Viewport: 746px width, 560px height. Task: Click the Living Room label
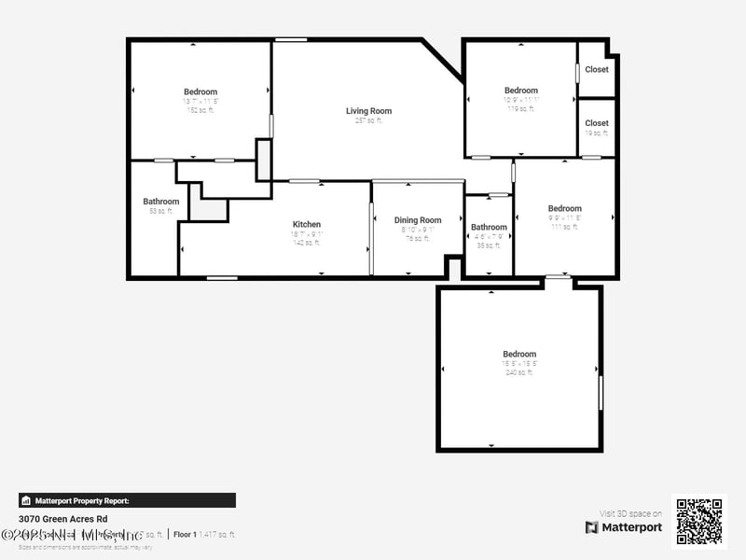(368, 111)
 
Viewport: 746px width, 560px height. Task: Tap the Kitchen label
(307, 224)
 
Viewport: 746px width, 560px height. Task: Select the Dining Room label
(418, 220)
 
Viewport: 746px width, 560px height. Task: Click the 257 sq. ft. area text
(368, 120)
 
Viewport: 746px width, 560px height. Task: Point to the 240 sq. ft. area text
(519, 372)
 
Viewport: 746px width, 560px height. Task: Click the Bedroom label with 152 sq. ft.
(200, 91)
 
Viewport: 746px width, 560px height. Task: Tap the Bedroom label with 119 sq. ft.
(521, 91)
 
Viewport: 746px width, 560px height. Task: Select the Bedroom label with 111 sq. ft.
(564, 208)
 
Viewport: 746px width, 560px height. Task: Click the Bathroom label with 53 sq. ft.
(161, 202)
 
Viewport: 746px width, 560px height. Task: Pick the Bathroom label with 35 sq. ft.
(489, 227)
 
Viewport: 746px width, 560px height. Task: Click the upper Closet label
(597, 69)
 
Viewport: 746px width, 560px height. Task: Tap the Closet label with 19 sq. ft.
(597, 123)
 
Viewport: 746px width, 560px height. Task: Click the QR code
(698, 521)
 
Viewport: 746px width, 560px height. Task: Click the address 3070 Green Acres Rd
(63, 518)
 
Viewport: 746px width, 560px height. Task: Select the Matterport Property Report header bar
(127, 500)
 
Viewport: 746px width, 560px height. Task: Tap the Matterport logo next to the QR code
(624, 527)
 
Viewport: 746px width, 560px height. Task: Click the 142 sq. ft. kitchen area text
(307, 243)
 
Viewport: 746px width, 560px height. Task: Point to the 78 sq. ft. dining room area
(418, 238)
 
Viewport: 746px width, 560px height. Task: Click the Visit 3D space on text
(630, 513)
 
